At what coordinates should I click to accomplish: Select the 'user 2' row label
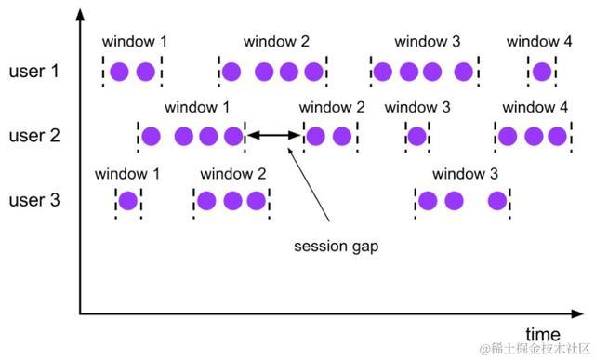pos(35,136)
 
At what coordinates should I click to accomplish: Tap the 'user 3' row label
pos(35,199)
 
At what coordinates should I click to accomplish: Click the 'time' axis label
pos(543,334)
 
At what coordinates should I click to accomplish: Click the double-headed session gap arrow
pos(273,137)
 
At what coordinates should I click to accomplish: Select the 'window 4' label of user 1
pos(539,42)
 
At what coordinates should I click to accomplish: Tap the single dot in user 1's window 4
pos(541,72)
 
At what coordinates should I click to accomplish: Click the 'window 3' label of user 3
pos(465,173)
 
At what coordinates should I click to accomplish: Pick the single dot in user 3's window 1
pos(127,200)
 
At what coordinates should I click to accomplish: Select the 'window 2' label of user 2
pos(332,108)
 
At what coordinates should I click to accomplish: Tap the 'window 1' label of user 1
pos(134,42)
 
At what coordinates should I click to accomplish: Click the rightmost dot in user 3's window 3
pos(497,200)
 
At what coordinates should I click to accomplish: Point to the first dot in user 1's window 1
pos(118,72)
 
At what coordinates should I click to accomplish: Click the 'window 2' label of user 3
pos(233,173)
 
